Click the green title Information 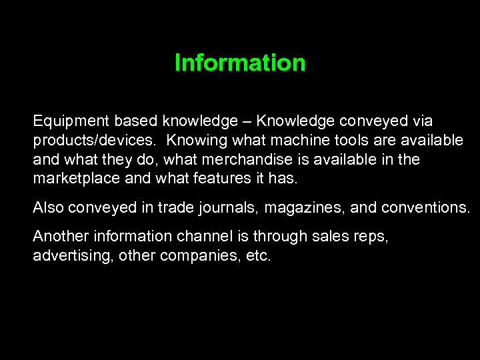[x=240, y=63]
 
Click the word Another [x=61, y=236]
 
